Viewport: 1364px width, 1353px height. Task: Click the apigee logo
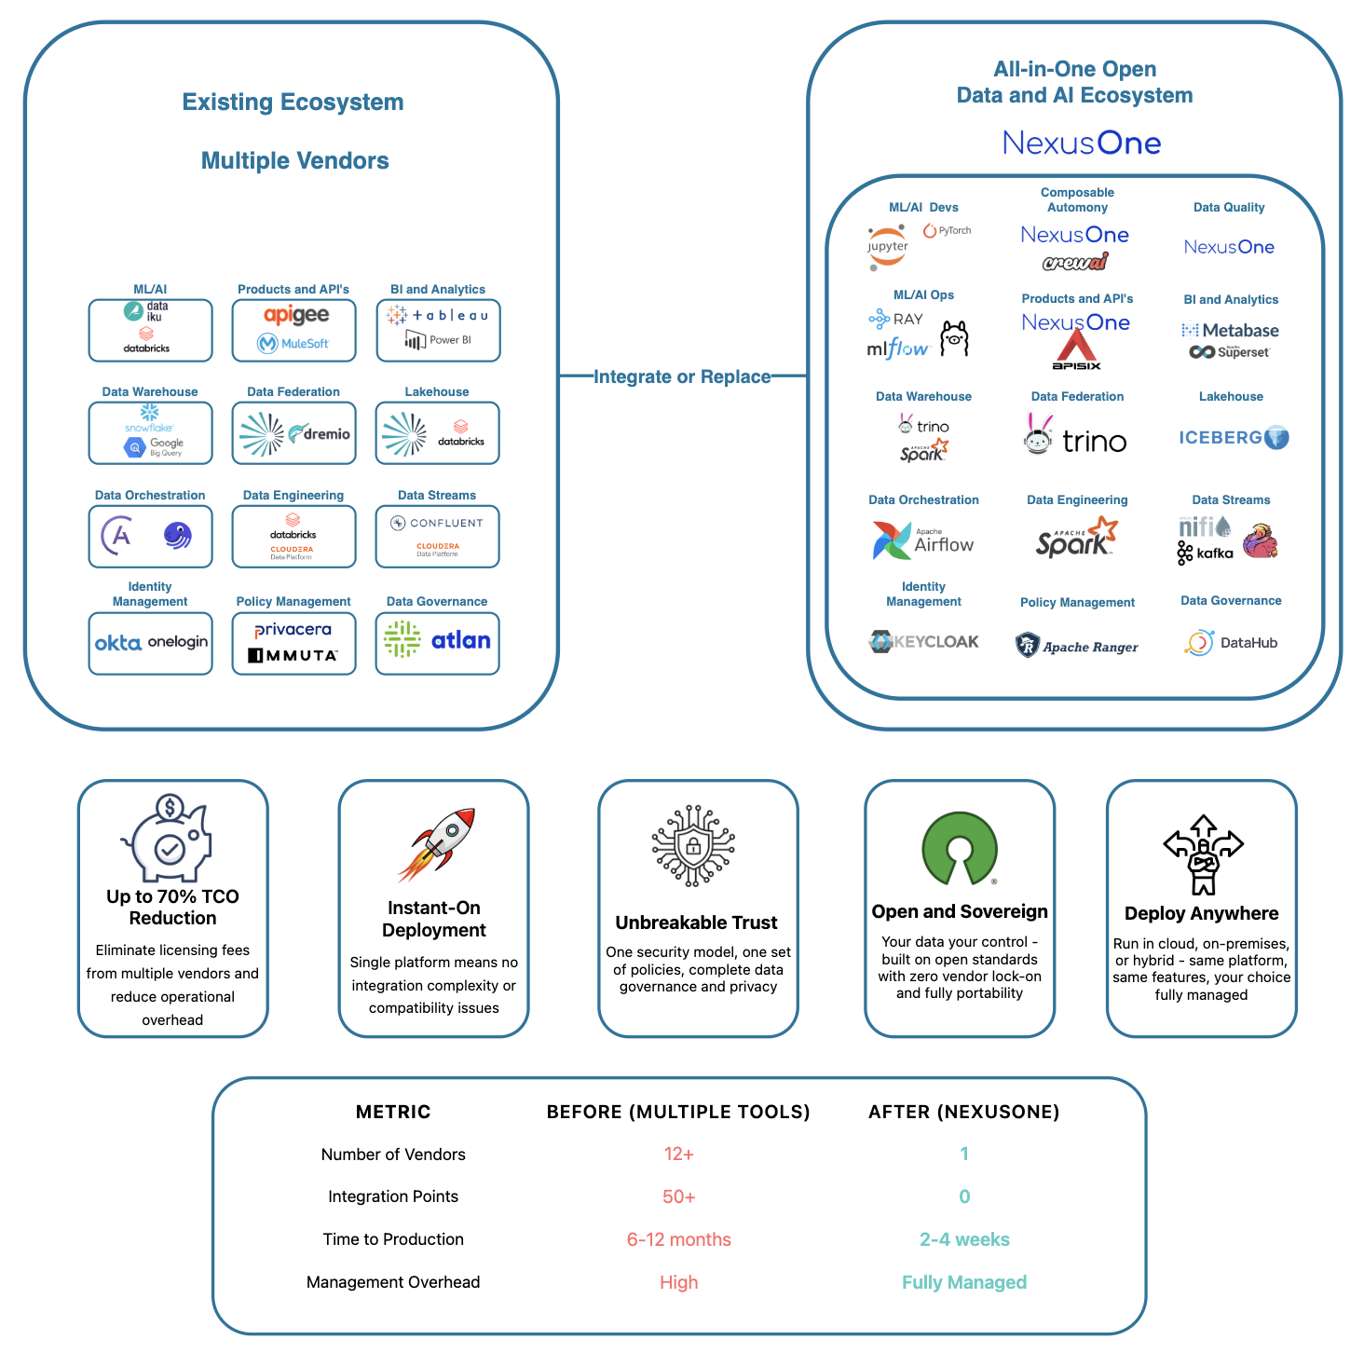pos(295,315)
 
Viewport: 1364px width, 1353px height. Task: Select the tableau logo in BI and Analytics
pos(438,316)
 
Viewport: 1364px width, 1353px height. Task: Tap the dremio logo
pos(320,433)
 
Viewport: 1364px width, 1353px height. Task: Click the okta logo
pos(118,643)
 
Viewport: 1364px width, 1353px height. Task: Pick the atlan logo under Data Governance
pos(460,640)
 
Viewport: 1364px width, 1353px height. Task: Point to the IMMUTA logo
pos(293,656)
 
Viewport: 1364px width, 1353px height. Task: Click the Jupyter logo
pos(887,247)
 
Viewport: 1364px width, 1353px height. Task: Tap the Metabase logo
pos(1230,331)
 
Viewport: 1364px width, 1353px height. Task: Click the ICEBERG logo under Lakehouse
pos(1233,438)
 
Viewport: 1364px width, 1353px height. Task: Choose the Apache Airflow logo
pos(923,541)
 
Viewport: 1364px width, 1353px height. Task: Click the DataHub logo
pos(1231,643)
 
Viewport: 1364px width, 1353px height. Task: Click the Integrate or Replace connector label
pos(682,376)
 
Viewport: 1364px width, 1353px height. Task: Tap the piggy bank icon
pos(169,838)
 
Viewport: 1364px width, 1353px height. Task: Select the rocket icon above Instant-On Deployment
pos(437,843)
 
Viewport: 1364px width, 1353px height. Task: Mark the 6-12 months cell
pos(678,1239)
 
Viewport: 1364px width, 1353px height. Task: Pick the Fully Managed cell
pos(963,1282)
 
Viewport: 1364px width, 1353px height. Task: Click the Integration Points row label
pos(393,1196)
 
